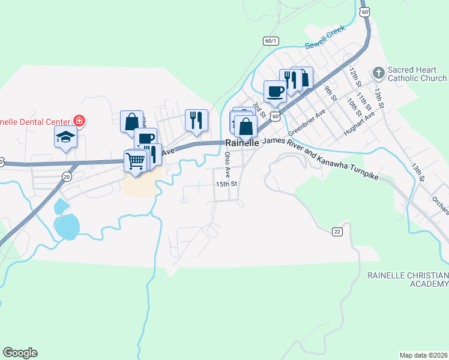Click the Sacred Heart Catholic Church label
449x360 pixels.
(x=417, y=74)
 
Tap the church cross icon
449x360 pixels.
(x=378, y=73)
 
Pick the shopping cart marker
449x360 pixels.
(x=136, y=161)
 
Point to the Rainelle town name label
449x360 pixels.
(x=242, y=143)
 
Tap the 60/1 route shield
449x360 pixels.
(x=271, y=41)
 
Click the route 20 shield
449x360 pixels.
(x=67, y=176)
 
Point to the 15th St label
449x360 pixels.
(x=228, y=184)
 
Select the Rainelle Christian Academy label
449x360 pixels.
(x=408, y=279)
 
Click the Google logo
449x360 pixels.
(x=20, y=353)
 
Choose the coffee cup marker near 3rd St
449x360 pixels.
(x=276, y=92)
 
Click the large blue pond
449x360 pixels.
(x=67, y=226)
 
